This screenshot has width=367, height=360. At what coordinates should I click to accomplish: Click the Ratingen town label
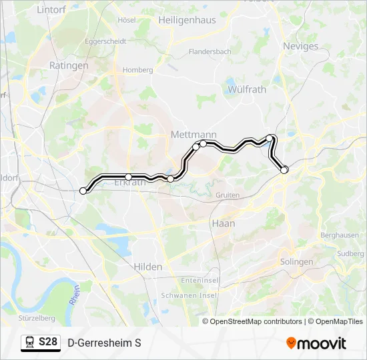69,66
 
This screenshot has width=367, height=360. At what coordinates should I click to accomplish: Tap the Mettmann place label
194,135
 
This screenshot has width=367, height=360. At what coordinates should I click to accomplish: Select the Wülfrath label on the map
246,89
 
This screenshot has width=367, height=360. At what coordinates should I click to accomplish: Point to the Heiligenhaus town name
187,20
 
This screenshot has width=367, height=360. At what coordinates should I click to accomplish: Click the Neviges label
301,46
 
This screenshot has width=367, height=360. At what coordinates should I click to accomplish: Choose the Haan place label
223,223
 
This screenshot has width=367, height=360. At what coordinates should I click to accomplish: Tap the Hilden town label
147,267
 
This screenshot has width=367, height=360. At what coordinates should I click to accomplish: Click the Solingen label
296,262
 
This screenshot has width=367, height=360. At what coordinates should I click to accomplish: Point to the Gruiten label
227,195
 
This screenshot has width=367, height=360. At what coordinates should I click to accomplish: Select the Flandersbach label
210,51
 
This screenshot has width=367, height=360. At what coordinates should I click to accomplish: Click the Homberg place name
137,69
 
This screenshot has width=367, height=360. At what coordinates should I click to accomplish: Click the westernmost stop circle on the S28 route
83,191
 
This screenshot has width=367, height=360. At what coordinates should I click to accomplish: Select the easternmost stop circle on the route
284,170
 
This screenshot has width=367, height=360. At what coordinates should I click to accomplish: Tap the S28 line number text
47,343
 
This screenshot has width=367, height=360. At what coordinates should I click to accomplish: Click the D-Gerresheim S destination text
104,343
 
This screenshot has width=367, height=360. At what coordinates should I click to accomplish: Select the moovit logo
316,343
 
